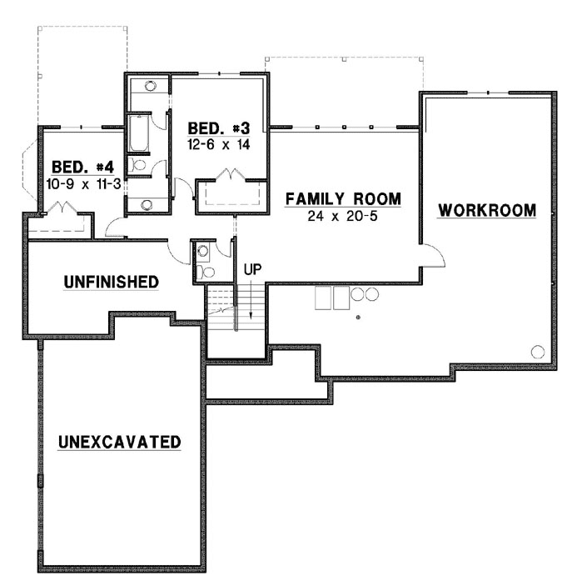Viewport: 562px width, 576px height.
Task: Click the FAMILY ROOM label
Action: pyautogui.click(x=343, y=199)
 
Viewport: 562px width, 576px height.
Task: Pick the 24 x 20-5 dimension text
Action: pyautogui.click(x=343, y=216)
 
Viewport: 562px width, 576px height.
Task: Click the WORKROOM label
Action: pyautogui.click(x=487, y=209)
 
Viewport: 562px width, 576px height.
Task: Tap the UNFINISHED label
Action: pyautogui.click(x=111, y=283)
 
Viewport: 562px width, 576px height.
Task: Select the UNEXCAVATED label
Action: pyautogui.click(x=120, y=441)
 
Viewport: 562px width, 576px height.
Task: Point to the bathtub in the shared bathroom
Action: pyautogui.click(x=138, y=133)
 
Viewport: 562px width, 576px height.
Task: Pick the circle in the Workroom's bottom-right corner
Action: pyautogui.click(x=538, y=351)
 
